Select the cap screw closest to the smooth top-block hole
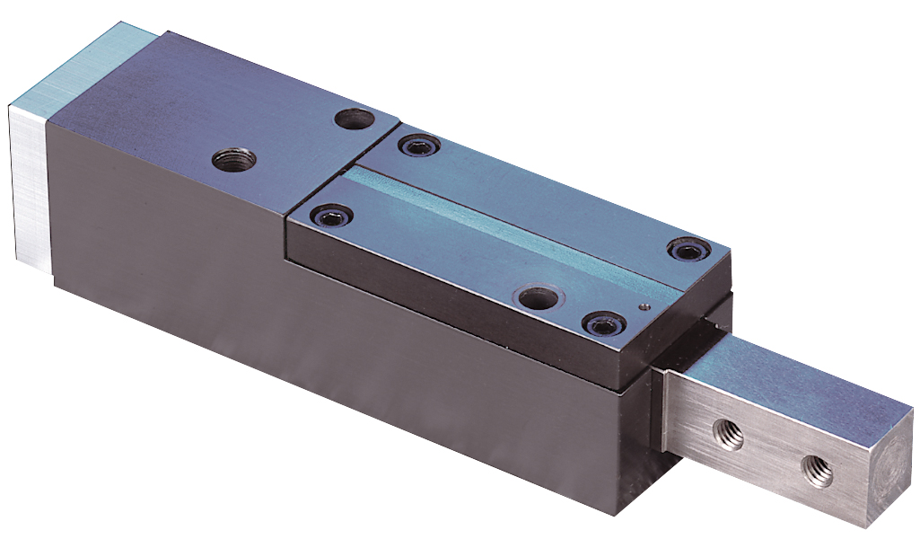[419, 144]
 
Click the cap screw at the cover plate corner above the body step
[329, 216]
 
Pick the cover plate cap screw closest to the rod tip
[686, 250]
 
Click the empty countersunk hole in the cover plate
[539, 297]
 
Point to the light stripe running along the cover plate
[503, 216]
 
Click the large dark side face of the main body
[314, 359]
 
